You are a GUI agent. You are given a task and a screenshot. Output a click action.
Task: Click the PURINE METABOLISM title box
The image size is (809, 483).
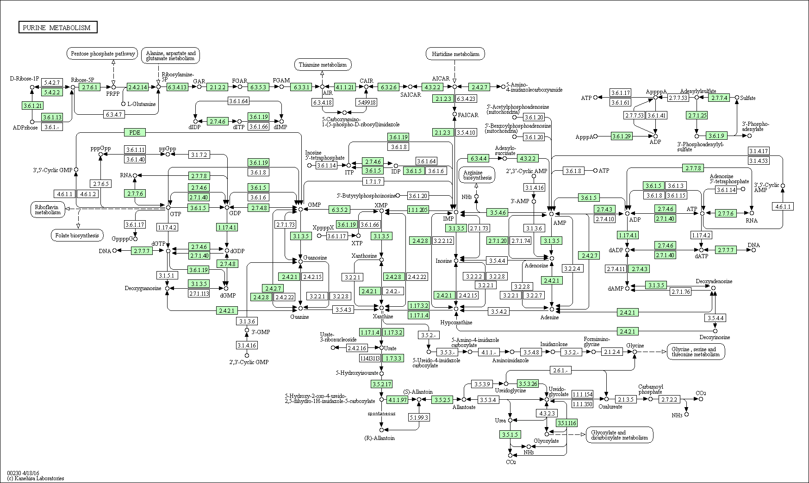[58, 28]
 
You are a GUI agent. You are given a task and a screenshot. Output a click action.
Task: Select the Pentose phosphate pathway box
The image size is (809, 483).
[103, 54]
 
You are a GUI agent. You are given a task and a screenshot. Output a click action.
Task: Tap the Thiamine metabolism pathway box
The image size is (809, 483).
[323, 65]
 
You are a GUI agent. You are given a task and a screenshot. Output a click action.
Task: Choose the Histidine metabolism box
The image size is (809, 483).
[455, 54]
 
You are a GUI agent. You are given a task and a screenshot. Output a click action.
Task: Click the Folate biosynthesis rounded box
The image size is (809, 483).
[77, 235]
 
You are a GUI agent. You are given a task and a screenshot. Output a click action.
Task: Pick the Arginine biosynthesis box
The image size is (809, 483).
[477, 175]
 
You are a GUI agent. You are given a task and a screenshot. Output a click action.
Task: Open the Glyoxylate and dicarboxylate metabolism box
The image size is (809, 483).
[620, 435]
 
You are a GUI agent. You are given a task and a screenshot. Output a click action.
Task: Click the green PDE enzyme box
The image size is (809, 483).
[135, 133]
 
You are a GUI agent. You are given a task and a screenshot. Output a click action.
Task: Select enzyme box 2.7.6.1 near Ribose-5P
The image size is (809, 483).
[89, 87]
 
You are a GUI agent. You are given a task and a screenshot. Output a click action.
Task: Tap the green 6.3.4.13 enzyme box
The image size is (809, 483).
[177, 87]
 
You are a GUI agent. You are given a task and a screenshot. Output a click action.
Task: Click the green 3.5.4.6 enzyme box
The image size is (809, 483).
[497, 212]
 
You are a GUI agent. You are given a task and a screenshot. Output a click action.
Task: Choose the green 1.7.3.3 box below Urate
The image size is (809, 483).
[393, 358]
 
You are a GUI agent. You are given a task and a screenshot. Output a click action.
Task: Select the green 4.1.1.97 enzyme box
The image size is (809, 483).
[398, 399]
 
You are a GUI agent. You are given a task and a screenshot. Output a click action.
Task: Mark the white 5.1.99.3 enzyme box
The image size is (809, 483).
[419, 417]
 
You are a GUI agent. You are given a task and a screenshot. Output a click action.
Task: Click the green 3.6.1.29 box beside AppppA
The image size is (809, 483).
[622, 136]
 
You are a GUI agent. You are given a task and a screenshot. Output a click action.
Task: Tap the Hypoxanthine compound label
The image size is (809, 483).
[456, 322]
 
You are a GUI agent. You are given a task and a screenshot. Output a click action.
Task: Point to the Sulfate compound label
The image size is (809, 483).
[747, 98]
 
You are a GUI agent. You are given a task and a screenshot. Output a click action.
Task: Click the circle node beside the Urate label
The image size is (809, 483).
[381, 348]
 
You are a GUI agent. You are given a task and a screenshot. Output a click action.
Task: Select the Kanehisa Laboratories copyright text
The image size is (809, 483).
[36, 478]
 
